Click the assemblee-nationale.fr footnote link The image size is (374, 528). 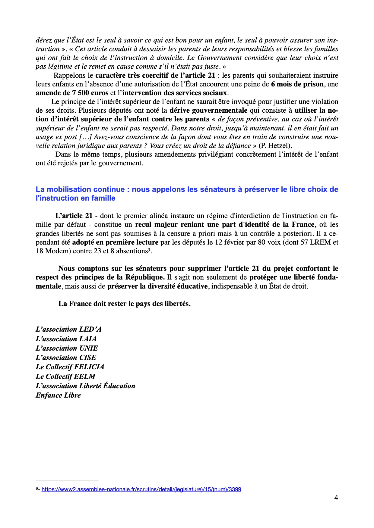[x=141, y=489]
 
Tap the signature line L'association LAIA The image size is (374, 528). [x=66, y=339]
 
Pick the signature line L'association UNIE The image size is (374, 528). [x=67, y=348]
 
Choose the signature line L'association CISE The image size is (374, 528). [x=66, y=358]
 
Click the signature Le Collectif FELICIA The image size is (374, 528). [x=70, y=367]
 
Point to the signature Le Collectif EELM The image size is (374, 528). [x=65, y=376]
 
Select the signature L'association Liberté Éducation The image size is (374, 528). [x=85, y=386]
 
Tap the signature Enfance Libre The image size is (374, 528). [x=58, y=395]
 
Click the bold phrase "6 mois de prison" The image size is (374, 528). [x=297, y=84]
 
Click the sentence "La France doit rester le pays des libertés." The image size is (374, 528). [x=124, y=304]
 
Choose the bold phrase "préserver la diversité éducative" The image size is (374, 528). [x=157, y=286]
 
